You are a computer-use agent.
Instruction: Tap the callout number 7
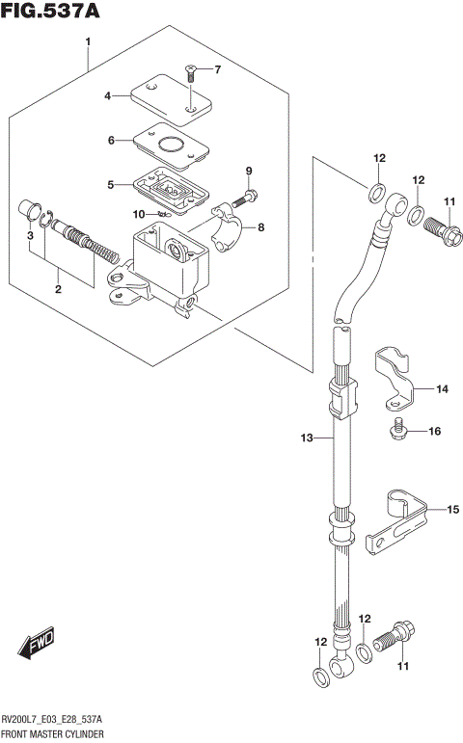click(x=217, y=69)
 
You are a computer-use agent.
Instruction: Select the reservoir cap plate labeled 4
click(x=174, y=97)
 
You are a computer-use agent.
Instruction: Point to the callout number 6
click(x=111, y=141)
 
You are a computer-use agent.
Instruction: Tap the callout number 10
click(x=139, y=214)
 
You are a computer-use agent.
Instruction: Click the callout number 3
click(x=30, y=236)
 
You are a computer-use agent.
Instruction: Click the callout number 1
click(x=88, y=42)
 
